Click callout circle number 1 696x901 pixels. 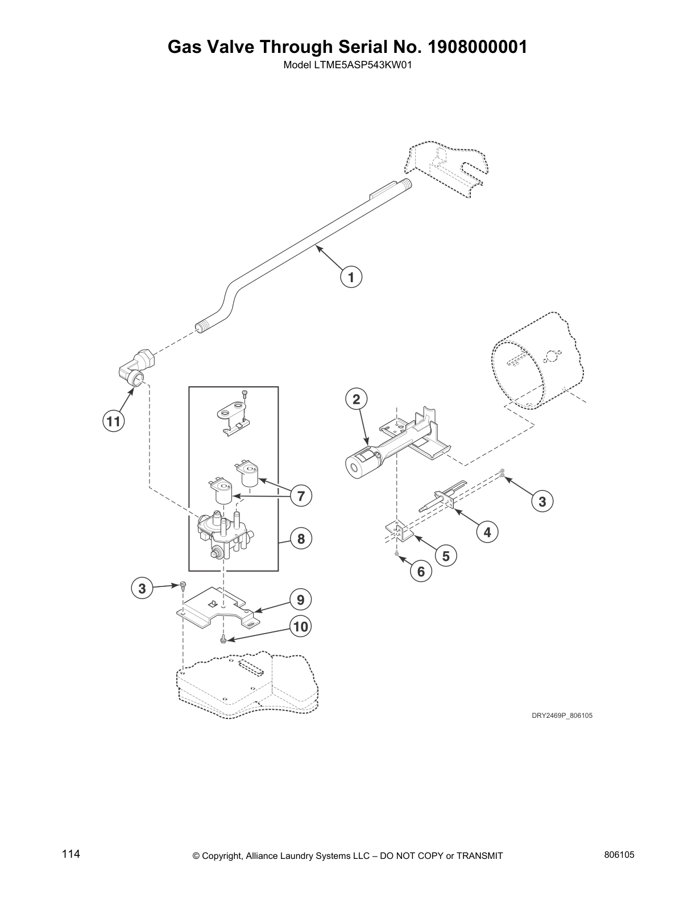351,278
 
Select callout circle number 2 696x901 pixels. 356,399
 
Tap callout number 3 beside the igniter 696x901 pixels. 542,501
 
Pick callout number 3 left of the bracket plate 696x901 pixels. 142,588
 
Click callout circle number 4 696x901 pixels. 487,532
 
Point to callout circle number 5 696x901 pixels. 446,555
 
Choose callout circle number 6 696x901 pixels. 421,571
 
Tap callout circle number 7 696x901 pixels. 301,495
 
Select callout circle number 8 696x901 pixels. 301,538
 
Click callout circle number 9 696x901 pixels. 300,600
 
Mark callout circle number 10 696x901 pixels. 300,627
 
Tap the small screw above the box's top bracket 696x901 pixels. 245,392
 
